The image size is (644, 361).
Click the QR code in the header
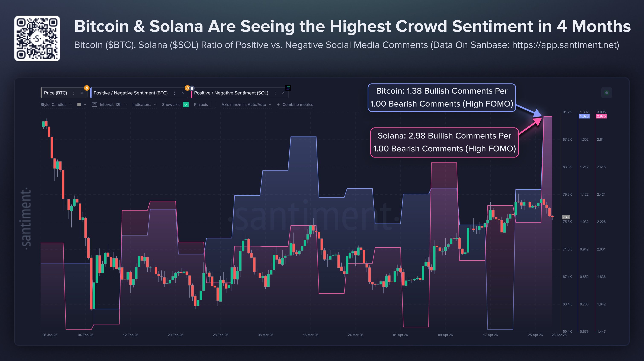(x=37, y=39)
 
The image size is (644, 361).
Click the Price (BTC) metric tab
(x=55, y=93)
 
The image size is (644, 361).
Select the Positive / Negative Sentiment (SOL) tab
(x=231, y=93)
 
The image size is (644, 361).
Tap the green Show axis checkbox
(x=186, y=104)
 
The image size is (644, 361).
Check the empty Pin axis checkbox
(x=213, y=104)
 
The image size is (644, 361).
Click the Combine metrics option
(x=297, y=104)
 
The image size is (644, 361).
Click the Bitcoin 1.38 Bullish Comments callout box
(x=442, y=97)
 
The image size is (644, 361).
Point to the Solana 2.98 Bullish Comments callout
(x=444, y=142)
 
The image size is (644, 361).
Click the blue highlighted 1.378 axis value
(x=584, y=116)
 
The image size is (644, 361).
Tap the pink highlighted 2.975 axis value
(x=601, y=116)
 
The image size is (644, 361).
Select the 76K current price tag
(x=566, y=217)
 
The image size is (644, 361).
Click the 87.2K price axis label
(x=567, y=139)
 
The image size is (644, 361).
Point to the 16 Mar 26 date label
(x=310, y=335)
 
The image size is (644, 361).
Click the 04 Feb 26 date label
(x=86, y=335)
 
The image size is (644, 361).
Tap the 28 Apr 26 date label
(x=559, y=335)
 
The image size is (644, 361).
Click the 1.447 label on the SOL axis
(x=601, y=331)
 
